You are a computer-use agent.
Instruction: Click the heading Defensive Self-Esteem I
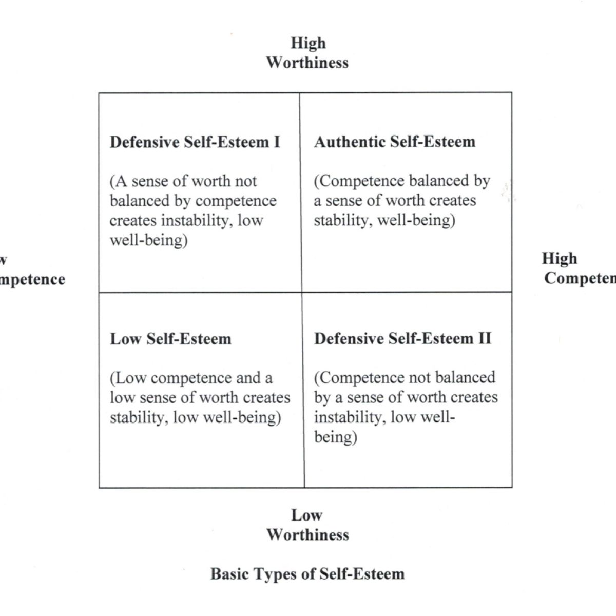coord(195,142)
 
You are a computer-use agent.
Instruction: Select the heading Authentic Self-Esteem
coord(395,142)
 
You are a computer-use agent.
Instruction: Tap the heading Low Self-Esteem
coord(170,339)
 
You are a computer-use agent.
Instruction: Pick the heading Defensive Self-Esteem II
coord(402,339)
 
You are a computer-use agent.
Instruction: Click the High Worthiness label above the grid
coord(307,53)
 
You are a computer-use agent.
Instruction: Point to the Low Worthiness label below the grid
coord(307,525)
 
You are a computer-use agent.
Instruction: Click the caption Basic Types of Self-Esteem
coord(307,573)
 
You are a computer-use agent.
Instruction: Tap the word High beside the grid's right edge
coord(560,258)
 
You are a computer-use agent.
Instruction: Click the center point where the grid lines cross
coord(302,292)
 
